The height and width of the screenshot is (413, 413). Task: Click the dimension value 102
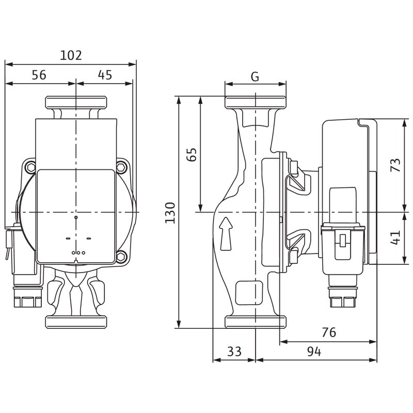(x=71, y=55)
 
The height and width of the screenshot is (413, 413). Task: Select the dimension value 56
(x=39, y=75)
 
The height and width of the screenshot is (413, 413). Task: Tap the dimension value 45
(x=105, y=75)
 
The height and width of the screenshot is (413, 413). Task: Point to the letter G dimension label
(x=255, y=77)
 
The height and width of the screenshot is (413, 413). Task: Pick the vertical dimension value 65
(x=192, y=154)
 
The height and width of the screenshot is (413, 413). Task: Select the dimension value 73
(x=395, y=165)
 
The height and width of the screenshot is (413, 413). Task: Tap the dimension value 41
(x=395, y=238)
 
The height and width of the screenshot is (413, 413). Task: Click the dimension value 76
(x=328, y=333)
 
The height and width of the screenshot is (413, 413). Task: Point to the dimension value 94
(x=314, y=352)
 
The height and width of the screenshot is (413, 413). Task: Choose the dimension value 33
(x=234, y=352)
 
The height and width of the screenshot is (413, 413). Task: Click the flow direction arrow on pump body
(x=225, y=233)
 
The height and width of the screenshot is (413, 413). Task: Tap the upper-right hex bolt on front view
(x=122, y=167)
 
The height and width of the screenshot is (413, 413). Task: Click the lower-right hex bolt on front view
(x=122, y=256)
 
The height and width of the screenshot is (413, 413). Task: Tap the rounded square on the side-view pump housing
(x=246, y=293)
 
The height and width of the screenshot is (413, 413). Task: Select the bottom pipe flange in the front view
(x=76, y=322)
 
